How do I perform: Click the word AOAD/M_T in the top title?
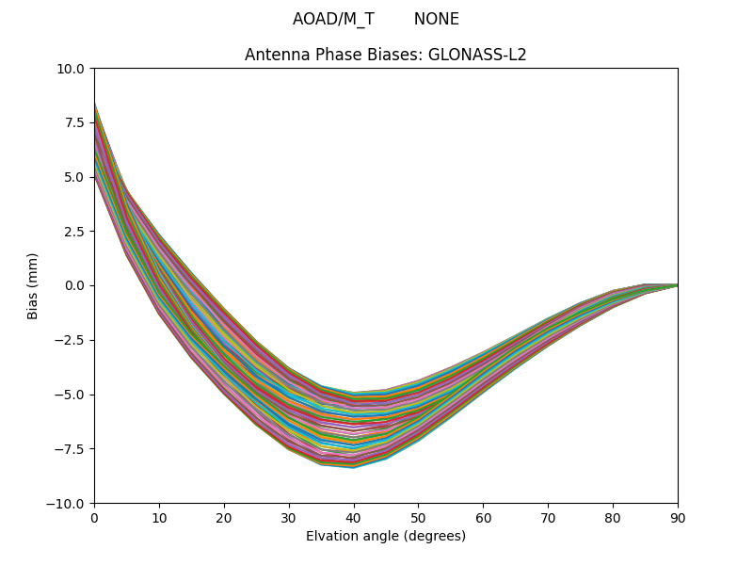coord(333,19)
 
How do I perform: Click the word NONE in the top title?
coord(436,19)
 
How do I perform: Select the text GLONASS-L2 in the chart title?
coord(477,55)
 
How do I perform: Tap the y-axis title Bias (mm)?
coord(33,285)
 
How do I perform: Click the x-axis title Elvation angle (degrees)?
coord(386,536)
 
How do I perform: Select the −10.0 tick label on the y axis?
coord(68,503)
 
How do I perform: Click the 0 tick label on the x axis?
coord(94,517)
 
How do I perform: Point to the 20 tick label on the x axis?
coord(224,517)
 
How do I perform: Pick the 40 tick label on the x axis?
coord(354,517)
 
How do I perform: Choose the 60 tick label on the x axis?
coord(483,517)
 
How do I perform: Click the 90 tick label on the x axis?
coord(678,517)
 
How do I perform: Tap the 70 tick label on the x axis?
coord(548,517)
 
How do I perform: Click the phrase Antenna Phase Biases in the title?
coord(333,55)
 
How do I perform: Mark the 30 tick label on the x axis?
coord(289,517)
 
